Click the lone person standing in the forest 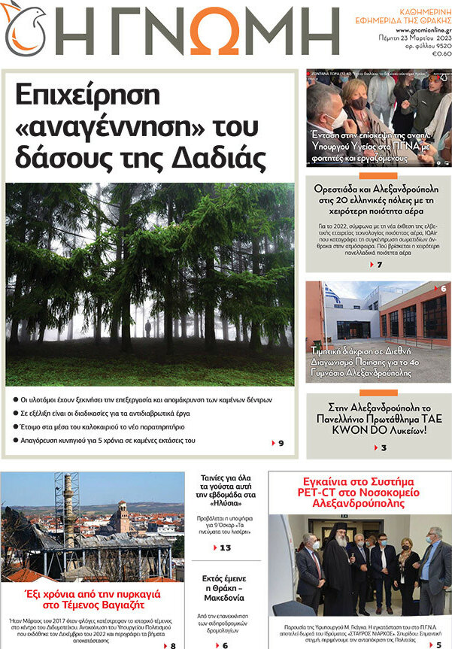147,329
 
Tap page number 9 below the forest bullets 281,444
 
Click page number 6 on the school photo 443,289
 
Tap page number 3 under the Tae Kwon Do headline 384,448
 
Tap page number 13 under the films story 224,547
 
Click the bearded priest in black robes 337,577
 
